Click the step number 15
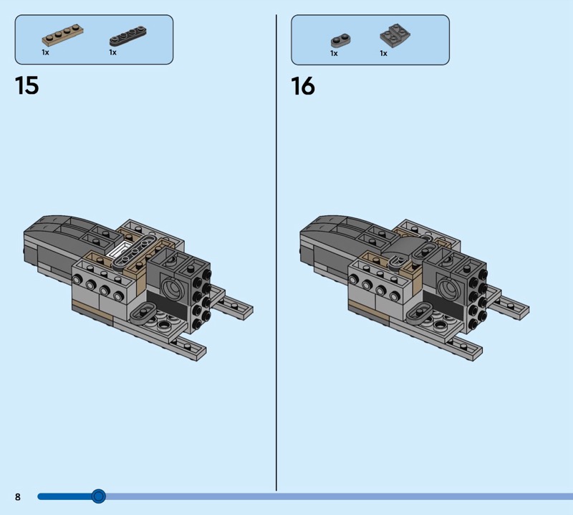pyautogui.click(x=27, y=85)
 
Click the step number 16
pyautogui.click(x=303, y=86)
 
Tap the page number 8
pyautogui.click(x=17, y=496)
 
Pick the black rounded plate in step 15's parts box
pyautogui.click(x=127, y=36)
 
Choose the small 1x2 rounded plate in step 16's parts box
pyautogui.click(x=341, y=41)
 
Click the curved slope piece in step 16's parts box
pyautogui.click(x=395, y=34)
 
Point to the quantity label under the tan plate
pyautogui.click(x=45, y=52)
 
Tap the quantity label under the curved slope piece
pyautogui.click(x=383, y=54)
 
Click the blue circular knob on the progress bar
pyautogui.click(x=98, y=496)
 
